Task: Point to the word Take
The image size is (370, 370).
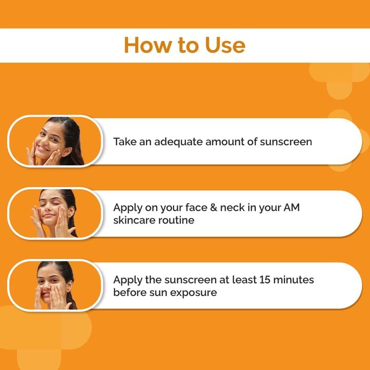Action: click(125, 141)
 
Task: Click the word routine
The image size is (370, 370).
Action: click(178, 220)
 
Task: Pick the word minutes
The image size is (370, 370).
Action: click(293, 280)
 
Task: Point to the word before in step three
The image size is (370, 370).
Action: click(129, 292)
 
